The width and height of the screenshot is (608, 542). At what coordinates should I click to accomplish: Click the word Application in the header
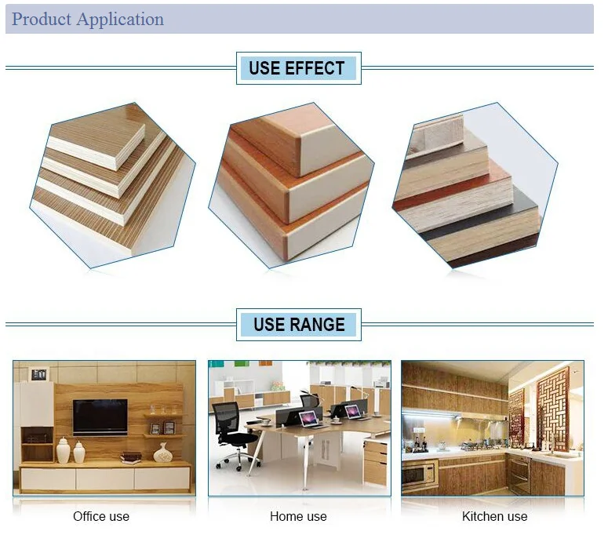[120, 20]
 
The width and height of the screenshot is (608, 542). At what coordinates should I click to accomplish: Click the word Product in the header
[42, 19]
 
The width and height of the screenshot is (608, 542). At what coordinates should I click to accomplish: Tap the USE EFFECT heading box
[299, 68]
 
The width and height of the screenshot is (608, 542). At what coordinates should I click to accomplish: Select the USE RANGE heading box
[299, 325]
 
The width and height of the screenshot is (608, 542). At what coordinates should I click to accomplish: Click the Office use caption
[101, 516]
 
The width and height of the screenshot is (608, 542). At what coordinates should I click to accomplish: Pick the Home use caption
[298, 516]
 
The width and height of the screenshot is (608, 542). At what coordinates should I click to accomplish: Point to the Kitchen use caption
[494, 516]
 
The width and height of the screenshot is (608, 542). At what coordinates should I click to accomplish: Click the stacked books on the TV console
[131, 458]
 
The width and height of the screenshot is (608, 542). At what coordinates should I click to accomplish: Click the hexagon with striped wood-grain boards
[112, 185]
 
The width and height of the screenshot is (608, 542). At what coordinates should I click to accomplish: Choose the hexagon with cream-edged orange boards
[291, 185]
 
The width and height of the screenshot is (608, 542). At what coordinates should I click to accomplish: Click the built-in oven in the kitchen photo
[519, 473]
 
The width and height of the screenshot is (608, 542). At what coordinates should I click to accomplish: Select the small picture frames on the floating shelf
[162, 428]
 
